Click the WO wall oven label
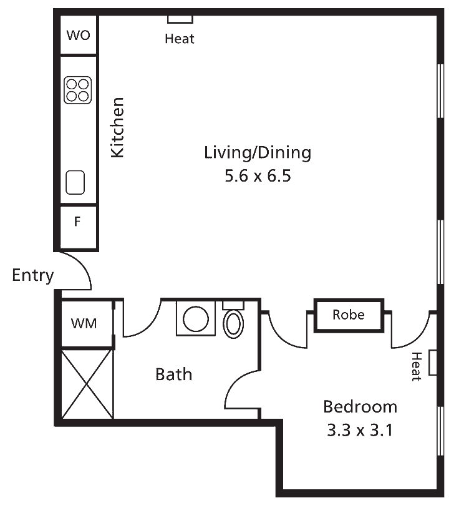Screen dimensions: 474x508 tap(78, 35)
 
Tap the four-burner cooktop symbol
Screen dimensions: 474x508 tap(78, 90)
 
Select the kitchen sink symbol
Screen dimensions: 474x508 tap(75, 182)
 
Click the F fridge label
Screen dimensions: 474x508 tap(77, 222)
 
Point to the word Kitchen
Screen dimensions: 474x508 tap(117, 127)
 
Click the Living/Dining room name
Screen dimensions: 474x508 tap(258, 153)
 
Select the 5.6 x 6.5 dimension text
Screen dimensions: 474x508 tap(258, 175)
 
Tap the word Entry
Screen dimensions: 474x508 tap(32, 276)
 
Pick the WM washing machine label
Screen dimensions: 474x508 tap(84, 323)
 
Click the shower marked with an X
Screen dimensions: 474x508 tap(87, 384)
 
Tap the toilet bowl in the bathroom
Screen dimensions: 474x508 tap(233, 324)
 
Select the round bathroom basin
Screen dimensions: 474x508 tap(196, 319)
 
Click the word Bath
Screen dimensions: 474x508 tap(173, 374)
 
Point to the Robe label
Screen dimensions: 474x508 tap(349, 315)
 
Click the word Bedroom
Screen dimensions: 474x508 tap(360, 407)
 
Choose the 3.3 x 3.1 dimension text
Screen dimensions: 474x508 tap(360, 430)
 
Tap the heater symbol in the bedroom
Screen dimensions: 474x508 tap(433, 363)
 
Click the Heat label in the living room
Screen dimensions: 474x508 tap(180, 39)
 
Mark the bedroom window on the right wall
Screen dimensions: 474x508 tap(440, 431)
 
